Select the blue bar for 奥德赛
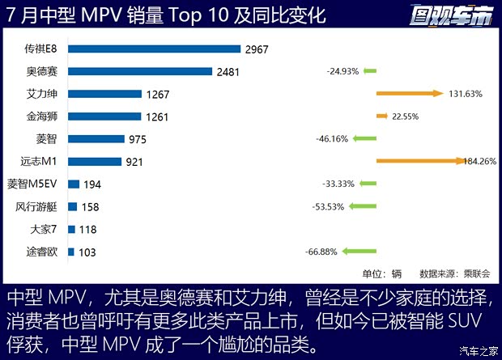click(x=139, y=72)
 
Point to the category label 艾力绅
click(x=41, y=94)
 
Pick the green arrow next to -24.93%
click(x=370, y=72)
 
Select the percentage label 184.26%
click(x=464, y=162)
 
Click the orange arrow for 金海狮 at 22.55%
click(x=382, y=116)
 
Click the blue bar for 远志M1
click(x=95, y=162)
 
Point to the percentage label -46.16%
click(x=332, y=139)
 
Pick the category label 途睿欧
click(x=41, y=252)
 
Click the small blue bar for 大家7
click(x=71, y=229)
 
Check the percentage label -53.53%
click(x=328, y=206)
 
